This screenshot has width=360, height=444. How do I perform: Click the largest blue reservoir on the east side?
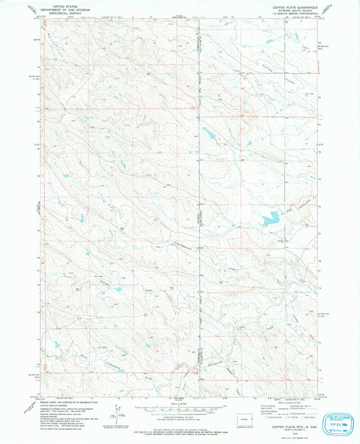[269, 219]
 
